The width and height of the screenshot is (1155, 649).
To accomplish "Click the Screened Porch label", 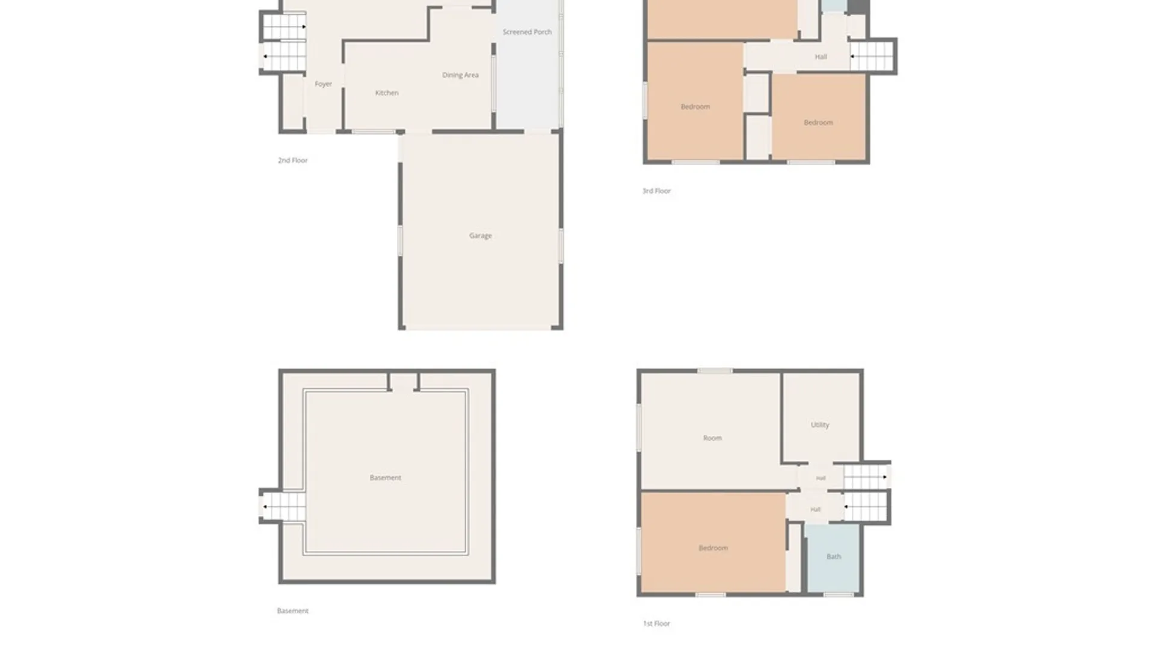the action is pos(527,32).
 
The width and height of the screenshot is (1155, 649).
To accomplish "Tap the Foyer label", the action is pos(323,84).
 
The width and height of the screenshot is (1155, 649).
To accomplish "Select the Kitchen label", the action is pos(387,93).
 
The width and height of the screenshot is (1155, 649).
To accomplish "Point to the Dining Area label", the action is pos(460,75).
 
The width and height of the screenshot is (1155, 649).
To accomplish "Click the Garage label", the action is pos(480,236).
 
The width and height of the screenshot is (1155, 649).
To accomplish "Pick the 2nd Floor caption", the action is pos(292,160).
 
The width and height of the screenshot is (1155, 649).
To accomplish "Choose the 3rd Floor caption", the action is pos(656,191).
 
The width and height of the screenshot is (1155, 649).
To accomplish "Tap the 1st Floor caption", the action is pos(656,624).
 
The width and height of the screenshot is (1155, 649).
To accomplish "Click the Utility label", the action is pos(819,425).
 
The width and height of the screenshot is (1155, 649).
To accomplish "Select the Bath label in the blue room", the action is pos(833,556).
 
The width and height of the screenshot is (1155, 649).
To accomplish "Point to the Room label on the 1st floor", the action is pos(712,438).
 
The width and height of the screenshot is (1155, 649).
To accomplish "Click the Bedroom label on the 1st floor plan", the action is pos(713,548).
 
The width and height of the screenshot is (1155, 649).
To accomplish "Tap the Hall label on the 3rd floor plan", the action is pos(821,57).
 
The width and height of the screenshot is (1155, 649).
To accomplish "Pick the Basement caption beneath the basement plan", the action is pos(292,611).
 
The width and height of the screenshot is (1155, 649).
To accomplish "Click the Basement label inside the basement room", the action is pos(385,478).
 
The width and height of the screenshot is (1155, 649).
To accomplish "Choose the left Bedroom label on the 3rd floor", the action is pos(695,107).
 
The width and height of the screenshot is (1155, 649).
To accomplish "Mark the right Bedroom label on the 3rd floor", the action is pos(818,123).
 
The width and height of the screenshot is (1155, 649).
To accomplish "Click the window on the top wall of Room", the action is pos(715,371).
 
